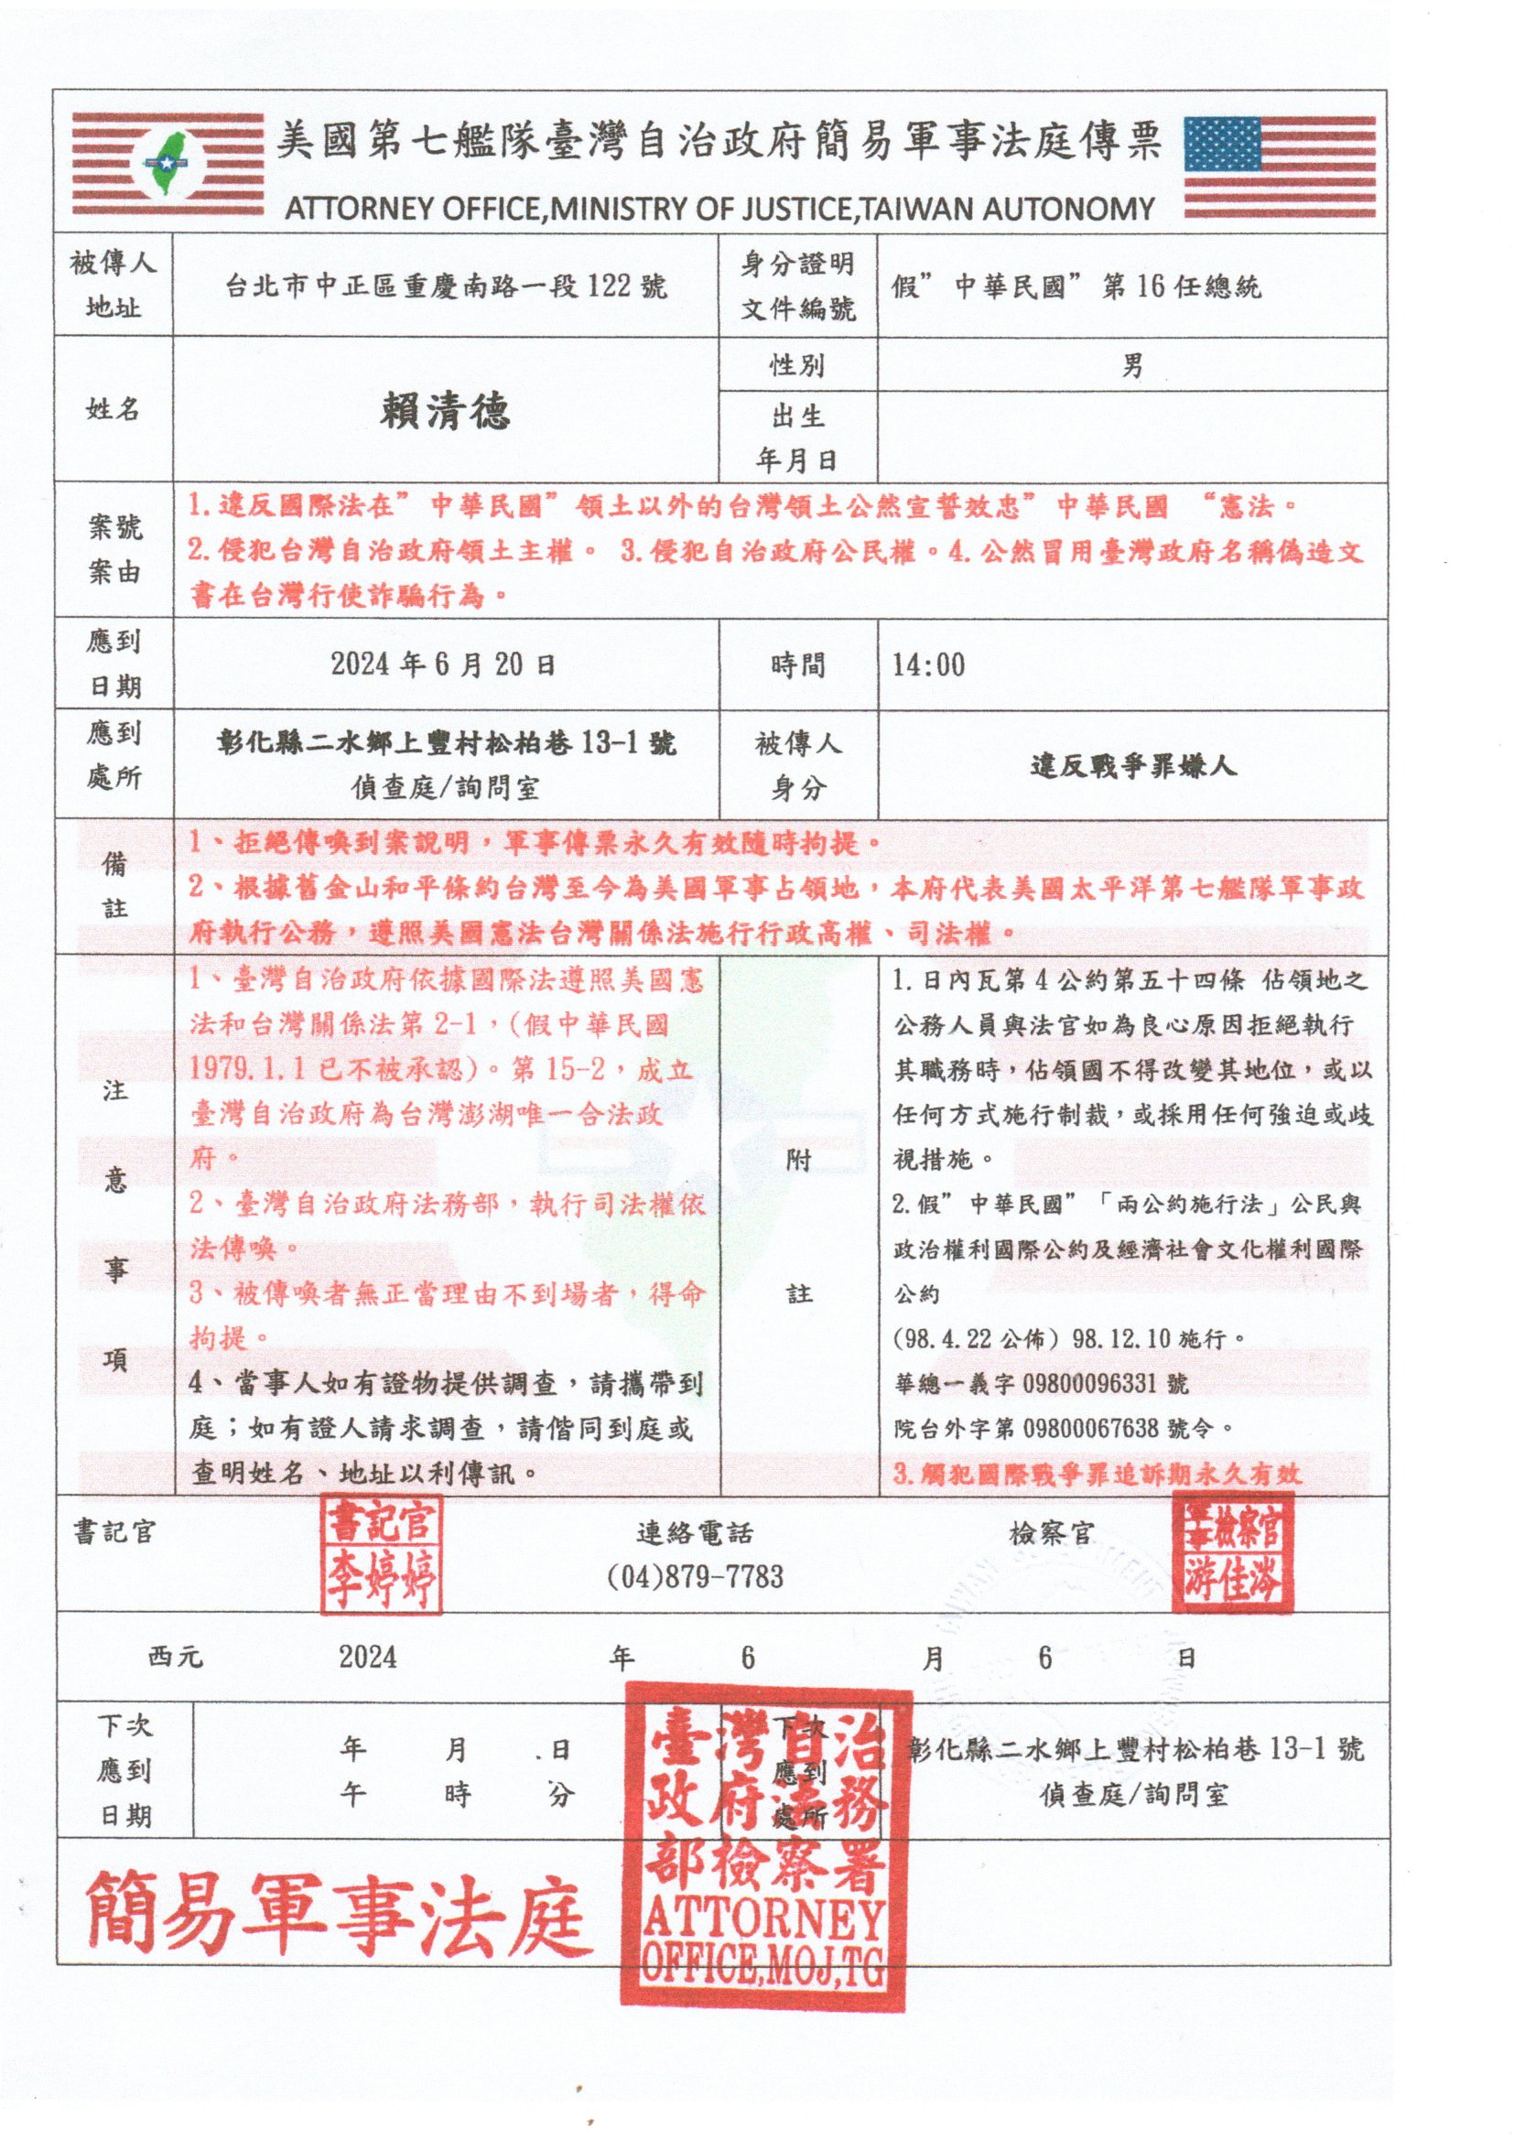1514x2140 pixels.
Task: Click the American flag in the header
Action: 1279,168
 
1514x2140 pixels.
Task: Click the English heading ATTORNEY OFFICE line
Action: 719,209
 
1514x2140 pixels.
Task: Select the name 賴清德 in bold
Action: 445,410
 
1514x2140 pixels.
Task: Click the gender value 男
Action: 1131,365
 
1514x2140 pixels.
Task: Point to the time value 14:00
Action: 928,665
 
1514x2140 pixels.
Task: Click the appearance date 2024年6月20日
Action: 444,665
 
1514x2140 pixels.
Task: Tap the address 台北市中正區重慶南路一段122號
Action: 446,286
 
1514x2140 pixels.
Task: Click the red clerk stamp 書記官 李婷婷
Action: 382,1555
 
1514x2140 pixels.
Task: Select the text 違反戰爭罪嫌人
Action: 1132,766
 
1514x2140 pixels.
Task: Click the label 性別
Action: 797,365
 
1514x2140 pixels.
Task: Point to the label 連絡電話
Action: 696,1533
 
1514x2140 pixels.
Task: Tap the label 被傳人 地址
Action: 113,286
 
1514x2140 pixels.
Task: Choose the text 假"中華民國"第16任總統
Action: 1076,286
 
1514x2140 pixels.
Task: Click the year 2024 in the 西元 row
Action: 367,1657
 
